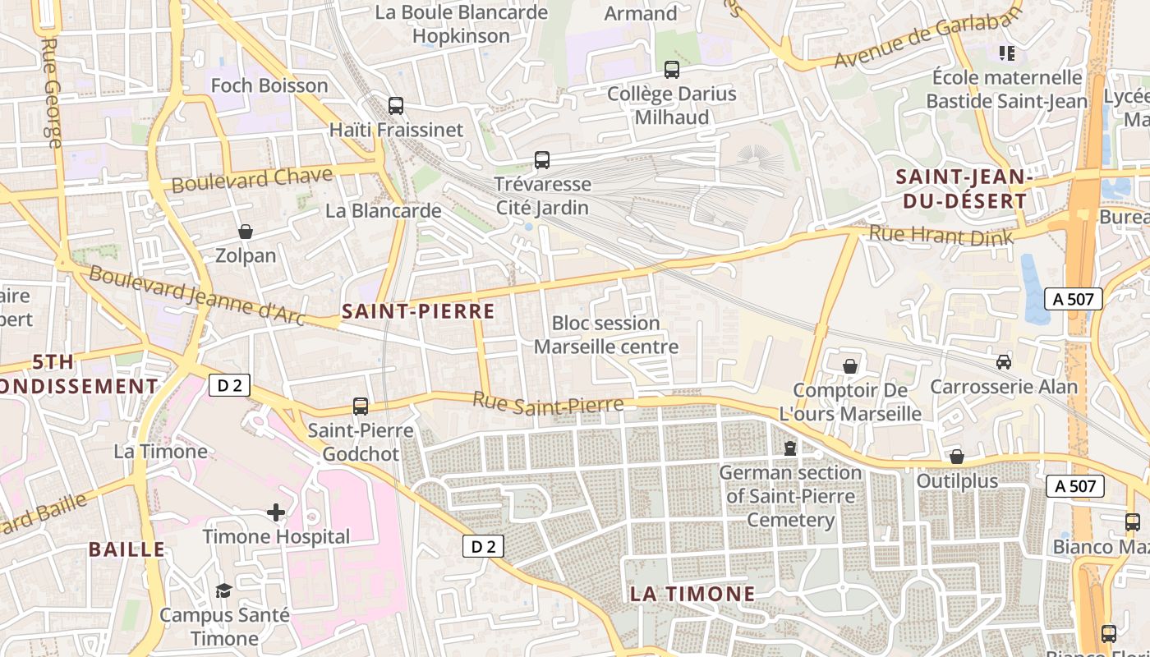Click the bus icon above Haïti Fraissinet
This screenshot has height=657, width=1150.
pyautogui.click(x=396, y=106)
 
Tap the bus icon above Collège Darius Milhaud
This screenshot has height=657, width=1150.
pyautogui.click(x=672, y=70)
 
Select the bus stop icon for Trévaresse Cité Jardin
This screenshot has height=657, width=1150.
pyautogui.click(x=542, y=160)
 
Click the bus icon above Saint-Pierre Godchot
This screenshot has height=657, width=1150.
pyautogui.click(x=361, y=406)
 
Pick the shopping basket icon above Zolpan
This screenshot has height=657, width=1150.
pyautogui.click(x=245, y=232)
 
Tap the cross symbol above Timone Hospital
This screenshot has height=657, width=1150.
pyautogui.click(x=276, y=513)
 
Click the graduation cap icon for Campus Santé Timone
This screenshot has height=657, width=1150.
pyautogui.click(x=223, y=590)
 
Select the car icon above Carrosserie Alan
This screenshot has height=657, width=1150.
pyautogui.click(x=1003, y=361)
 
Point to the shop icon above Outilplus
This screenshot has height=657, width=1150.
pyautogui.click(x=956, y=457)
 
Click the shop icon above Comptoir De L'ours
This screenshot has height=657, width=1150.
pyautogui.click(x=850, y=366)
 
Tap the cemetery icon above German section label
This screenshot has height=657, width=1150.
pyautogui.click(x=790, y=448)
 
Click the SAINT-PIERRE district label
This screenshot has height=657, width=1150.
pyautogui.click(x=418, y=311)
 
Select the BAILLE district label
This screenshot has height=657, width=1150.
pyautogui.click(x=126, y=549)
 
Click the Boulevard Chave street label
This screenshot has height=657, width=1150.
pyautogui.click(x=252, y=179)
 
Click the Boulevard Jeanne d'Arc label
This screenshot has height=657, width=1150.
pyautogui.click(x=197, y=295)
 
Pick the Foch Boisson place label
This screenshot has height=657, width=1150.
pyautogui.click(x=269, y=85)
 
